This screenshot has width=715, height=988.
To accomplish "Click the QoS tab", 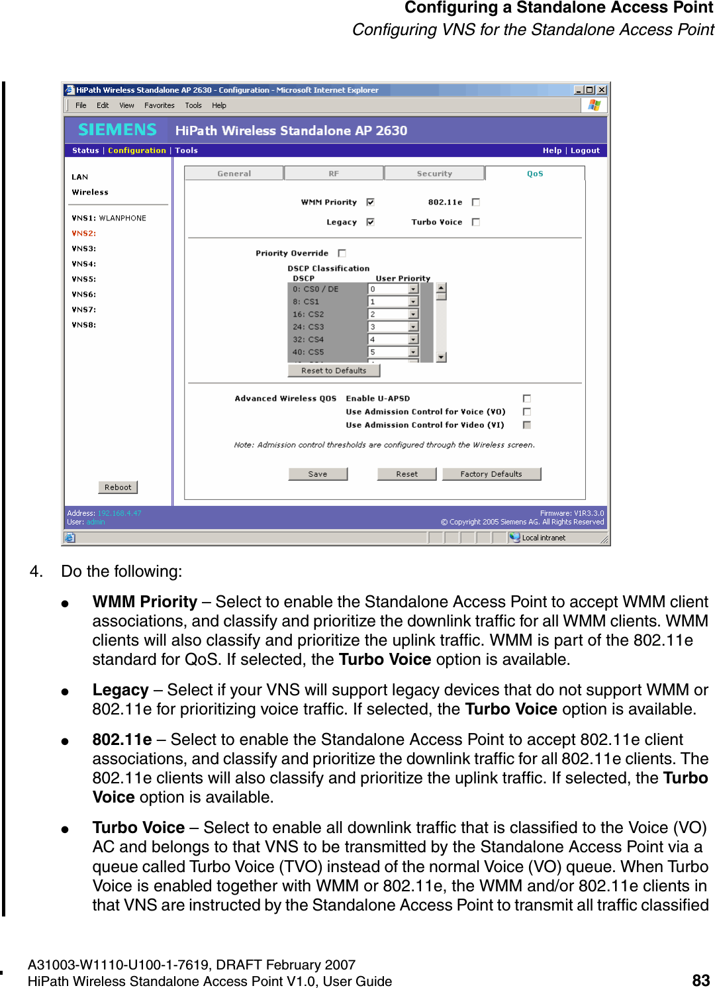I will [535, 173].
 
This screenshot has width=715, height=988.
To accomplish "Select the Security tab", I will [434, 173].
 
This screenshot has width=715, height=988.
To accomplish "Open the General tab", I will [234, 173].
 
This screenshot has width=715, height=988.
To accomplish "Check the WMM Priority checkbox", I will [370, 202].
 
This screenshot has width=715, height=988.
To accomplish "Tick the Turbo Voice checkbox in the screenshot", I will [475, 222].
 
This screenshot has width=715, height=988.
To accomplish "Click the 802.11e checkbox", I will [475, 202].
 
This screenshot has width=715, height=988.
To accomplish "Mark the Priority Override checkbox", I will [342, 253].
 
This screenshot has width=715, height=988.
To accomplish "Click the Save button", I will [318, 474].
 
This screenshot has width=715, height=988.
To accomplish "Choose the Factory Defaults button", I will [491, 474].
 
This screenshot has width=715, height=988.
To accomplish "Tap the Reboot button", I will [118, 487].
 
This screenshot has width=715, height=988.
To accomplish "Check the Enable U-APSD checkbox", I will [527, 398].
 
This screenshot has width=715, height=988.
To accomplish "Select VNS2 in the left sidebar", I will [84, 233].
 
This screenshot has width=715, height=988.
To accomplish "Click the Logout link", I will [585, 150].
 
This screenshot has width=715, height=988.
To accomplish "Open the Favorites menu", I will [160, 105].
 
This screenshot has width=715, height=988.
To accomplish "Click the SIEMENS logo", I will [117, 130].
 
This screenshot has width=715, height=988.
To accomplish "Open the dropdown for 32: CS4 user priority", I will [413, 340].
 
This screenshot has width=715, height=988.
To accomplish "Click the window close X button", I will [601, 90].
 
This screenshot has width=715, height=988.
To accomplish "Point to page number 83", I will [700, 980].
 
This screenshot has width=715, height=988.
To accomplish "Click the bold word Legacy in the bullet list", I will [120, 690].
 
